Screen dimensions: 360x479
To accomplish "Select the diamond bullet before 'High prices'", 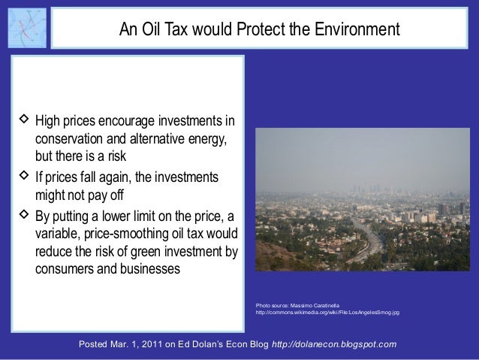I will pyautogui.click(x=24, y=119).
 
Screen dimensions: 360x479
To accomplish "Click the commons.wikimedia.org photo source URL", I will pyautogui.click(x=327, y=313).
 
